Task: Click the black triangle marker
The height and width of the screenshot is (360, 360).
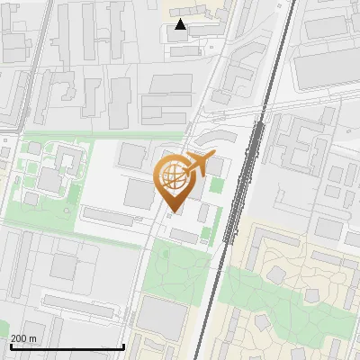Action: pos(181,24)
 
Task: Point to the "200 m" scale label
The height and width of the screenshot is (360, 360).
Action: pos(23,338)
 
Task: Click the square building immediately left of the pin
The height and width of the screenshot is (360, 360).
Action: pos(139,192)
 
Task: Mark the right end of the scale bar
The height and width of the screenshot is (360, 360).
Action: pos(123,346)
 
